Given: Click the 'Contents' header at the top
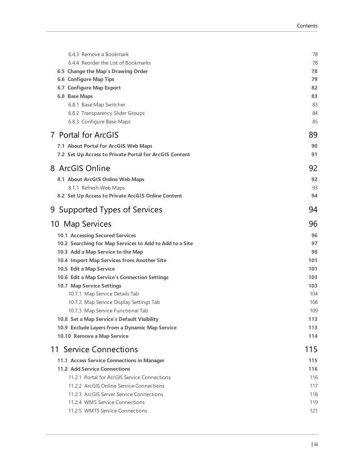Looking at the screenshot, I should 307,25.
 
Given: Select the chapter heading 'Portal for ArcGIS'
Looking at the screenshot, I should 88,135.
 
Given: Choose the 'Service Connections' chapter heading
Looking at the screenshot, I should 101,349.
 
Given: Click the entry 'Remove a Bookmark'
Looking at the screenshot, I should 105,55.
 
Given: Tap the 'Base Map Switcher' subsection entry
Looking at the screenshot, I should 103,105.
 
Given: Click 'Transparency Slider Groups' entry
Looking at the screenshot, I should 113,113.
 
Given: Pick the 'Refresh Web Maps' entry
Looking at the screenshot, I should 103,188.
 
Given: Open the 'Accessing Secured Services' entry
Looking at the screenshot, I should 103,236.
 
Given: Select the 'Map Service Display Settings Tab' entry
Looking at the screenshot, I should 122,302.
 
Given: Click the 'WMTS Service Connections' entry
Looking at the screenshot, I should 115,411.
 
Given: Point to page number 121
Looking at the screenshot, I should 313,411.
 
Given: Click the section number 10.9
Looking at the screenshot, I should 62,328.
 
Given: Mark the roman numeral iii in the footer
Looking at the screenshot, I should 316,444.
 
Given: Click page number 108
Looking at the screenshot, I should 313,302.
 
